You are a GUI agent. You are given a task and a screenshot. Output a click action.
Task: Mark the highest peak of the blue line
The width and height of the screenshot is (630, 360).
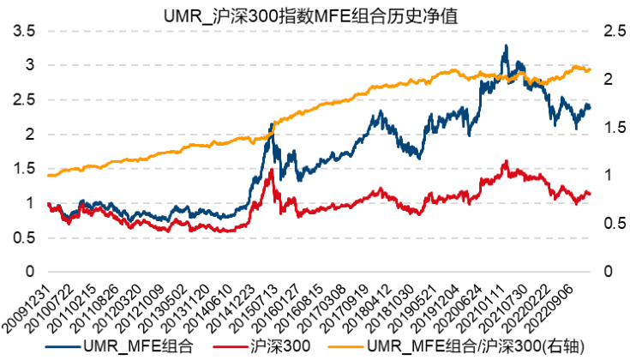tap(506, 45)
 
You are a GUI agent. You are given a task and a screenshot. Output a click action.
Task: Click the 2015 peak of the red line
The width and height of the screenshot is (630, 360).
tap(272, 170)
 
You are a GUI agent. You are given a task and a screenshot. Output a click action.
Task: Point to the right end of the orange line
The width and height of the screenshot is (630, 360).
tap(591, 69)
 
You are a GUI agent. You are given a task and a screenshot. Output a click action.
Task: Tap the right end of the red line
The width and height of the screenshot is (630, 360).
tap(591, 194)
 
